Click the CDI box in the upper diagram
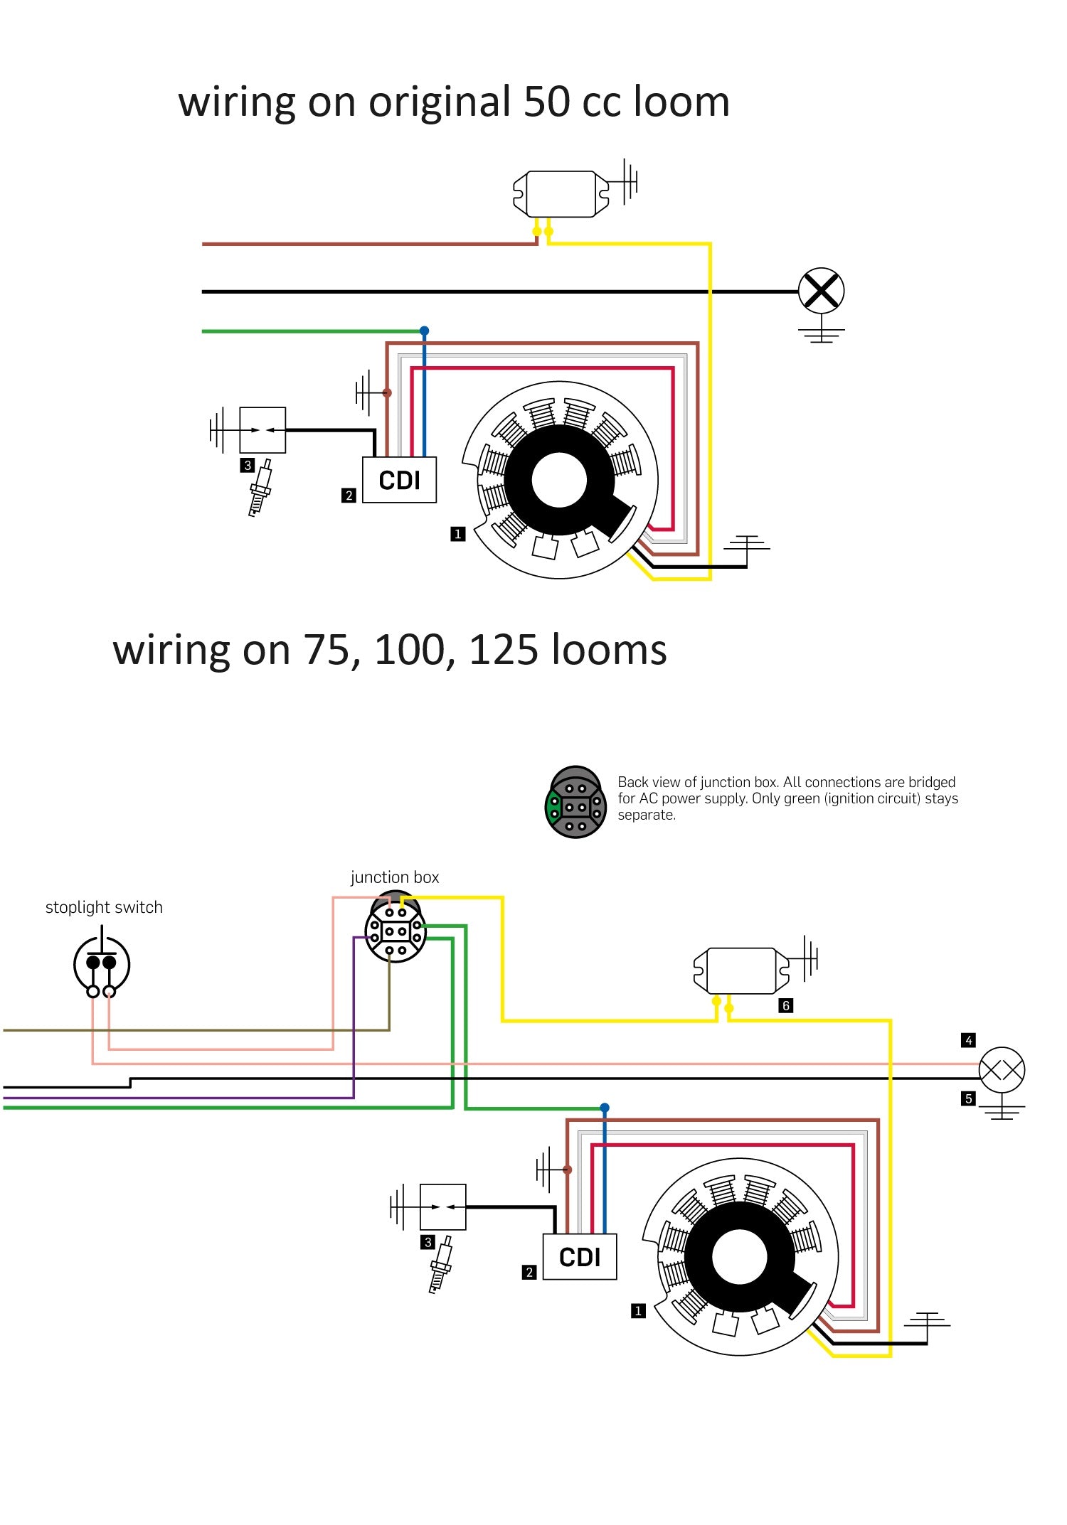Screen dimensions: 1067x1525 399,480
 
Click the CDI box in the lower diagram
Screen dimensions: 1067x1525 580,1257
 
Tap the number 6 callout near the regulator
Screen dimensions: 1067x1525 786,1005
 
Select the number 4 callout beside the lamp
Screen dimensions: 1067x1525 968,1040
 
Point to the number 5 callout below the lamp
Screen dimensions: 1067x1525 968,1099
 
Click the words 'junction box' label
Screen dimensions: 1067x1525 395,878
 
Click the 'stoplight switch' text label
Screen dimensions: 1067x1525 104,907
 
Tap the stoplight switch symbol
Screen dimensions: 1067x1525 101,963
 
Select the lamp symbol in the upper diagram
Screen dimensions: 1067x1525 821,291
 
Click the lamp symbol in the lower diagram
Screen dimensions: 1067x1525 1002,1069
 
